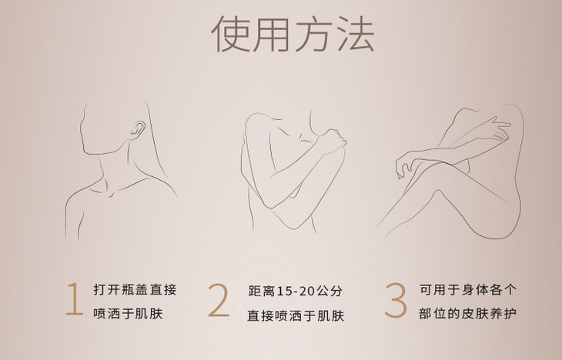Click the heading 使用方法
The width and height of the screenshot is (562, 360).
293,34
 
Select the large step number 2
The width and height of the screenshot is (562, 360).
219,300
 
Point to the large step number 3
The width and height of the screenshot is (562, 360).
396,300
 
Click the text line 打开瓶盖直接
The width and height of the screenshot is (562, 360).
135,289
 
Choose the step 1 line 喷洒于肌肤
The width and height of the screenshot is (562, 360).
128,314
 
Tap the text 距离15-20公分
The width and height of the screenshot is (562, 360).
296,291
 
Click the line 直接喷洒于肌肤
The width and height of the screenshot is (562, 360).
296,315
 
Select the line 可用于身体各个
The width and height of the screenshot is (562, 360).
468,289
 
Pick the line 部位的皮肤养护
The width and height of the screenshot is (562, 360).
468,313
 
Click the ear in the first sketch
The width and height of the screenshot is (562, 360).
137,130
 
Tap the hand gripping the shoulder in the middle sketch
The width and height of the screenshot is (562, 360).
333,141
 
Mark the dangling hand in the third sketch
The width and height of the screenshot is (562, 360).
405,165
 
